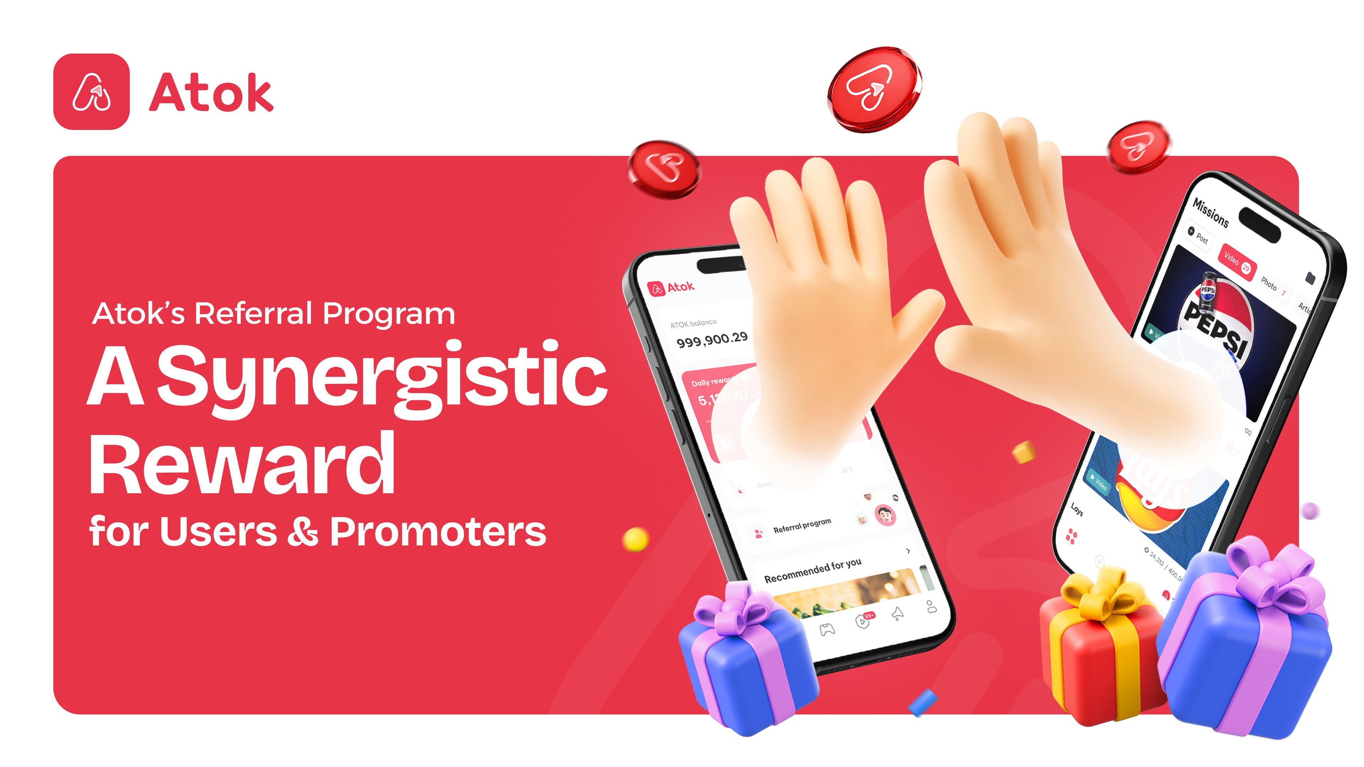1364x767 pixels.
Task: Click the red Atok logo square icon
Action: click(91, 92)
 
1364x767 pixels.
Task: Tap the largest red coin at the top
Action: click(874, 89)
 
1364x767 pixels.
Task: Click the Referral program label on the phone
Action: click(802, 525)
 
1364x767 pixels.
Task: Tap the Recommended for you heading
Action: click(812, 571)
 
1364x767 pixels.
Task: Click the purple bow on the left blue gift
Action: click(734, 609)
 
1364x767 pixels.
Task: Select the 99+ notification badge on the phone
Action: click(868, 615)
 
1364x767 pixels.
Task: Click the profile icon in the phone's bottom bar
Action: click(931, 606)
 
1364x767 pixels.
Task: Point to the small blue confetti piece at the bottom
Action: click(922, 702)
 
